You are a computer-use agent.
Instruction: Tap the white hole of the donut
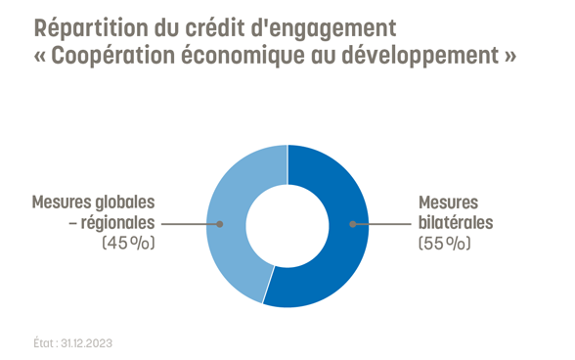coord(287,225)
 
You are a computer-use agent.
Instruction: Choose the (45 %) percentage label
coord(129,243)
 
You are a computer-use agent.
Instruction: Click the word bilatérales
coord(456,223)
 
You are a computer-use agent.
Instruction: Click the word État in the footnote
coord(44,343)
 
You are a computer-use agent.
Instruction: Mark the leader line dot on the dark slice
coord(353,224)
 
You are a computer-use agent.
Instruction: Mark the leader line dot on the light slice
coord(221,224)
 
